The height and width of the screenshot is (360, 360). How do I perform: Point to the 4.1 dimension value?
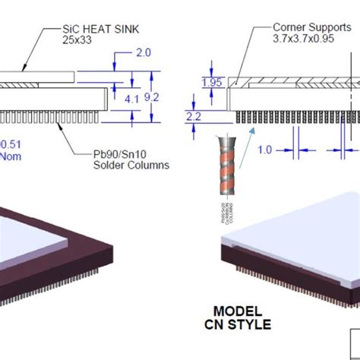pyautogui.click(x=131, y=97)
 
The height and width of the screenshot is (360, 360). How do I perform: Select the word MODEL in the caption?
pyautogui.click(x=237, y=311)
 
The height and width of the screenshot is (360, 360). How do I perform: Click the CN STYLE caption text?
pyautogui.click(x=238, y=325)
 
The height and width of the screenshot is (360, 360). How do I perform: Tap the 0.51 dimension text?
pyautogui.click(x=11, y=144)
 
